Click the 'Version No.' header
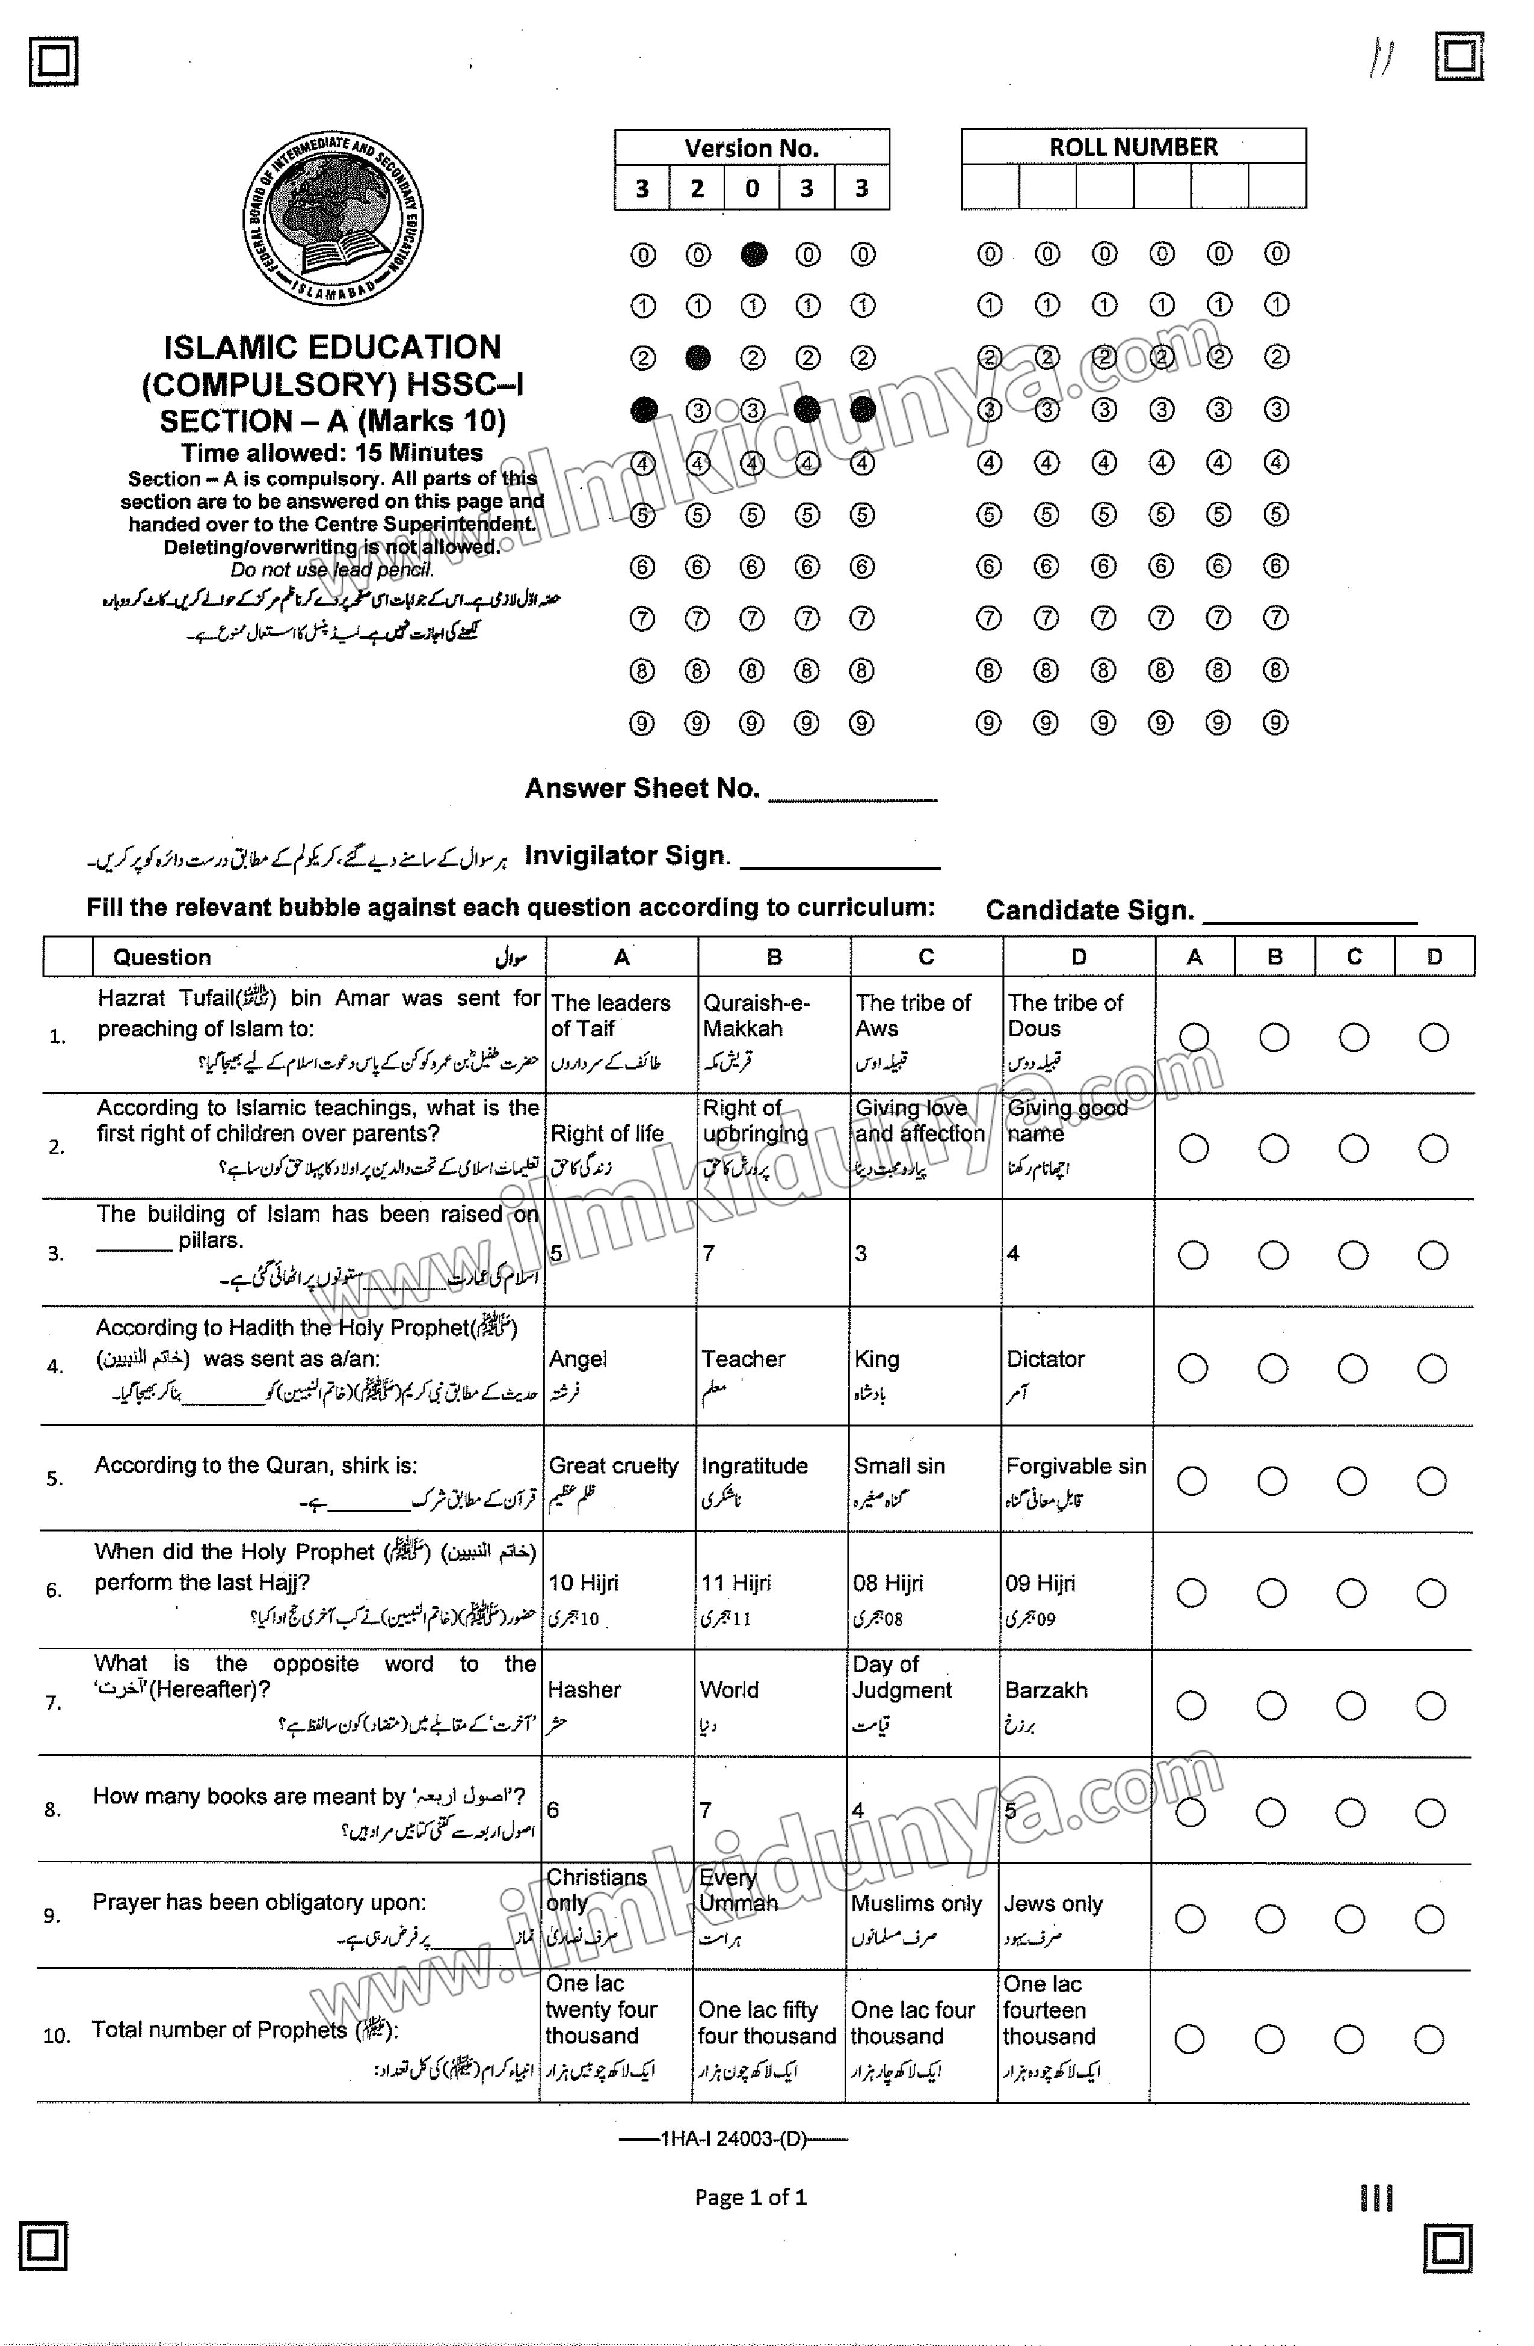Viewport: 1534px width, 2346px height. [751, 148]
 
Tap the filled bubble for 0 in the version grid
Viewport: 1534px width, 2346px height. [753, 254]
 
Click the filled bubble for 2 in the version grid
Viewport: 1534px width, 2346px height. [698, 357]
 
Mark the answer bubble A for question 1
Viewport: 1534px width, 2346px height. [1194, 1037]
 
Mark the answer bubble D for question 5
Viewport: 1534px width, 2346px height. [1432, 1482]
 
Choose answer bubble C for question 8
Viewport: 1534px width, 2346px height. [1351, 1812]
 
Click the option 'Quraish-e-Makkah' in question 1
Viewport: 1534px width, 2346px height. [756, 1015]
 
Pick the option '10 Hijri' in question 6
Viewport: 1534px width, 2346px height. [584, 1583]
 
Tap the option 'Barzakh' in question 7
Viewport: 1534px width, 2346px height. [1046, 1690]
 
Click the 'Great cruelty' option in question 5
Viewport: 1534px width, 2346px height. [613, 1466]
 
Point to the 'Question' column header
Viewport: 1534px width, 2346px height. [162, 957]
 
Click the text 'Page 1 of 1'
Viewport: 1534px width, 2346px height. [750, 2197]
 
